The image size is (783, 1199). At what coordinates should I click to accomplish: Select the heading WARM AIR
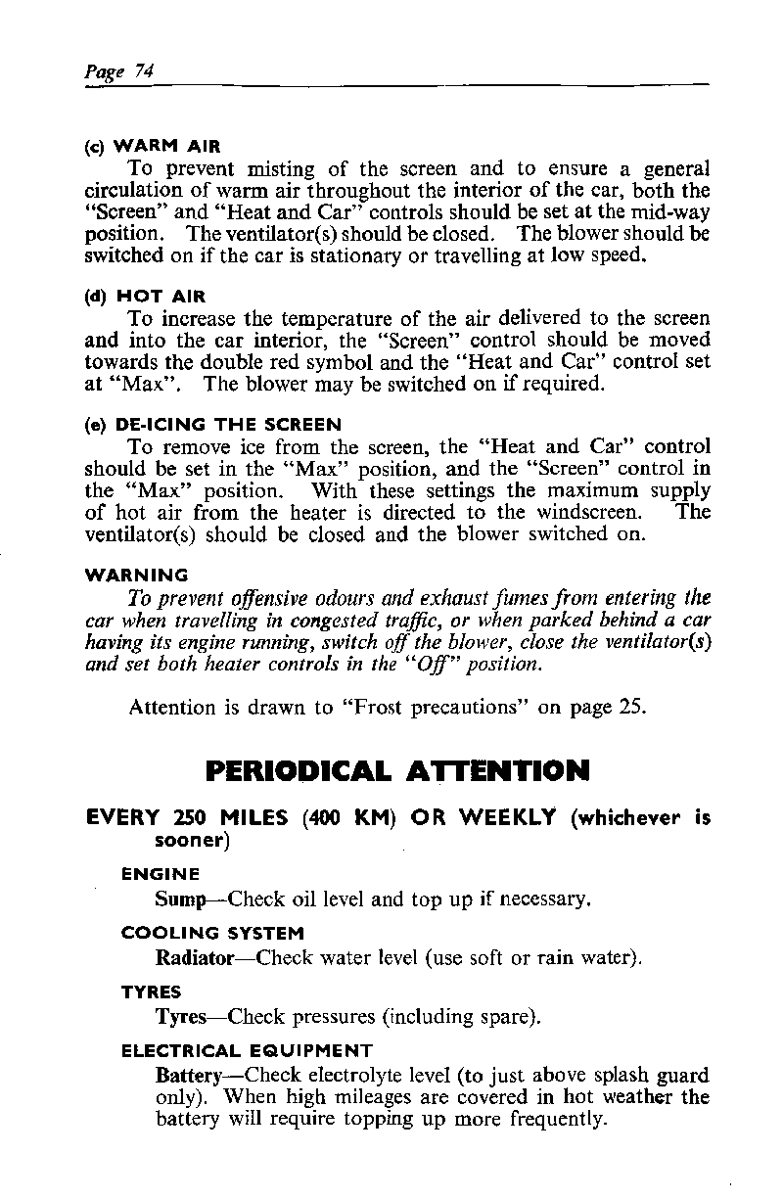pyautogui.click(x=167, y=147)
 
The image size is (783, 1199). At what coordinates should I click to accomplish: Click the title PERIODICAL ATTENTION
pyautogui.click(x=397, y=771)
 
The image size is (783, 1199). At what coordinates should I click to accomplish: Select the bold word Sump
pyautogui.click(x=180, y=898)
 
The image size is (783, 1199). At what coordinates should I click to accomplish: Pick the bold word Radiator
pyautogui.click(x=194, y=956)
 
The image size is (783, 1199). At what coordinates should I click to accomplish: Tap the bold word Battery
pyautogui.click(x=189, y=1075)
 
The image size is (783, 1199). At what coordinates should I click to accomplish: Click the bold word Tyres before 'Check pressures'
pyautogui.click(x=180, y=1017)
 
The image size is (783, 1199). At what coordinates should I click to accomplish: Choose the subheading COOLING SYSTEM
pyautogui.click(x=212, y=933)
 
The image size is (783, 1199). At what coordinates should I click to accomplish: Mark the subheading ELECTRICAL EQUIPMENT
pyautogui.click(x=247, y=1051)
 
